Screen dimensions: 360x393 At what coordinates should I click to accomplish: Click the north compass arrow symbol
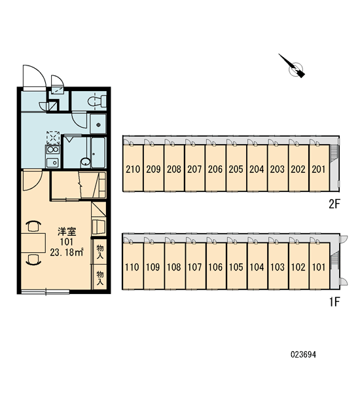click(x=293, y=66)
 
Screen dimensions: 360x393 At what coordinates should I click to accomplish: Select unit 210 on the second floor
click(x=133, y=169)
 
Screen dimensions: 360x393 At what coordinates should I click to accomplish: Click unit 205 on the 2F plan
click(x=236, y=169)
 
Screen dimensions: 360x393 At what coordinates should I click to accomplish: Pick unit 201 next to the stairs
click(x=319, y=169)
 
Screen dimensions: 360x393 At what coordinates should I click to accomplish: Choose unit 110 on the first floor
click(x=132, y=267)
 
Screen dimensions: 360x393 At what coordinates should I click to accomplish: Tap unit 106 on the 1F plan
click(x=215, y=267)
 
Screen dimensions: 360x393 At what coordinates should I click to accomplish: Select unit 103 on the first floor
click(x=278, y=267)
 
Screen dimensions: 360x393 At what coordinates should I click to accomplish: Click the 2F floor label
click(x=334, y=204)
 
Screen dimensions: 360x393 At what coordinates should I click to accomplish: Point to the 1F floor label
click(x=334, y=302)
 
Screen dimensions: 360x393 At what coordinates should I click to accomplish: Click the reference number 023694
click(x=304, y=354)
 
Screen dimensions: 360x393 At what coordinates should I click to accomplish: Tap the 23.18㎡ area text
click(x=67, y=252)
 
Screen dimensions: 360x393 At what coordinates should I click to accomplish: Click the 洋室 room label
click(x=67, y=232)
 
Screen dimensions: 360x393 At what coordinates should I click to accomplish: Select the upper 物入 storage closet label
click(x=100, y=252)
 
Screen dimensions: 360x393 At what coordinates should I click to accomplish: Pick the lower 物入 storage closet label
click(x=100, y=278)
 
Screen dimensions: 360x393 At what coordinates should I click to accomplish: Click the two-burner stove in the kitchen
click(x=53, y=149)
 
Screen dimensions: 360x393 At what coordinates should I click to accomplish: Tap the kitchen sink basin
click(x=53, y=162)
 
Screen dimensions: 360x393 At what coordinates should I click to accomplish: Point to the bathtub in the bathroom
click(x=98, y=153)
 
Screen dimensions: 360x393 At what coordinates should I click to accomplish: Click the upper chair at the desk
click(x=33, y=226)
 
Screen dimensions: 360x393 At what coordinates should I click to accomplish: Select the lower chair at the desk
click(x=33, y=259)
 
